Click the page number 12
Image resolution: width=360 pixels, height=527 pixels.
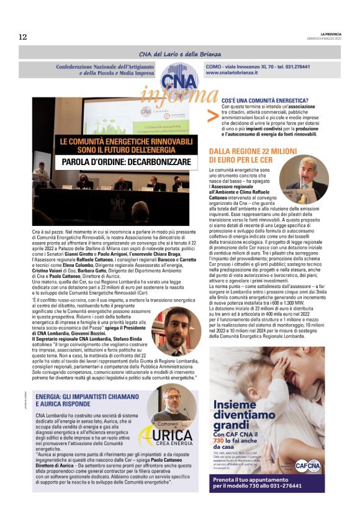point(23,37)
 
